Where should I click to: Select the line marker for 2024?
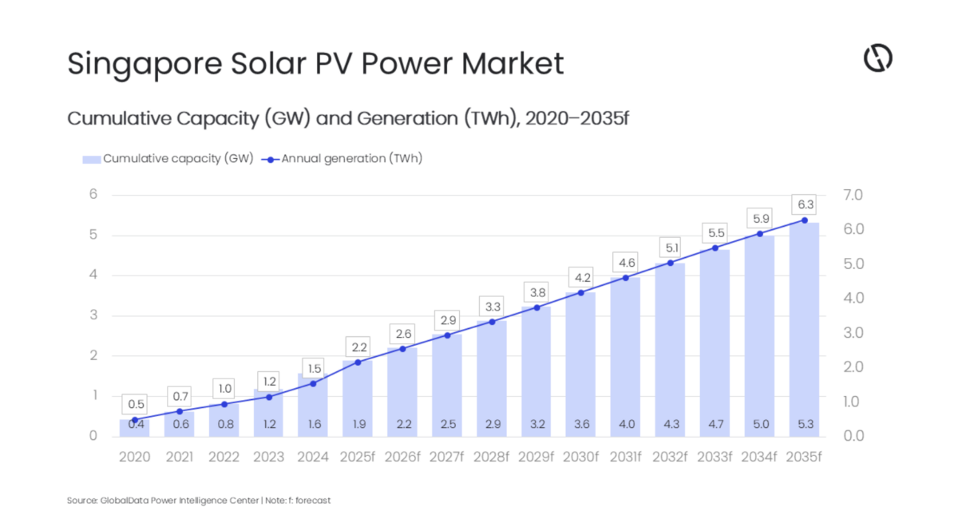point(313,383)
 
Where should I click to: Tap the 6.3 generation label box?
point(804,204)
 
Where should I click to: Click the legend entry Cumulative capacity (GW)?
point(168,158)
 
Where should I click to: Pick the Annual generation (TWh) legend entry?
point(343,158)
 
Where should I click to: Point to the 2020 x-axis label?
point(134,458)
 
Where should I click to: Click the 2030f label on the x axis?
point(580,458)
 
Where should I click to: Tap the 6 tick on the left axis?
point(93,195)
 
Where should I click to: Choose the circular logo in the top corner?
point(877,58)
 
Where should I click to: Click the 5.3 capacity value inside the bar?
point(804,424)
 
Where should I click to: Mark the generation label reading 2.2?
point(358,347)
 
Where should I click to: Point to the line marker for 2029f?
point(536,307)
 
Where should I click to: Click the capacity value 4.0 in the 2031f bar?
point(626,424)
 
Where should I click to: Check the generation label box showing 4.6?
point(626,262)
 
